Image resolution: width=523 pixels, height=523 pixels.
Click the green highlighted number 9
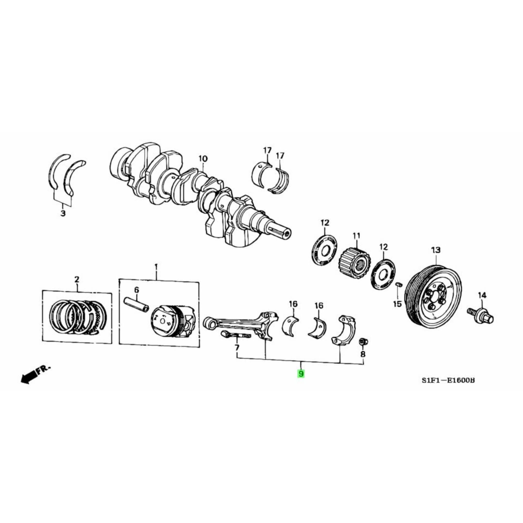(301, 374)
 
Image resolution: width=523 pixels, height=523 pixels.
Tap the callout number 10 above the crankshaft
(203, 159)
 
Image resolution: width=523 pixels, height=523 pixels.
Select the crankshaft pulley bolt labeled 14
(481, 317)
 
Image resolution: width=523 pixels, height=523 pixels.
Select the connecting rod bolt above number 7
(235, 335)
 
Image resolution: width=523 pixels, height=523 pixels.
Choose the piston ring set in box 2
(77, 316)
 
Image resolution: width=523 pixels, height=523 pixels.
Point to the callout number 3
(63, 213)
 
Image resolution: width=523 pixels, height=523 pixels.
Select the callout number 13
(436, 250)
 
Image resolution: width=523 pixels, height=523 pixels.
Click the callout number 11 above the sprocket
(356, 236)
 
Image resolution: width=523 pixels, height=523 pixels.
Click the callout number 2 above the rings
(77, 279)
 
